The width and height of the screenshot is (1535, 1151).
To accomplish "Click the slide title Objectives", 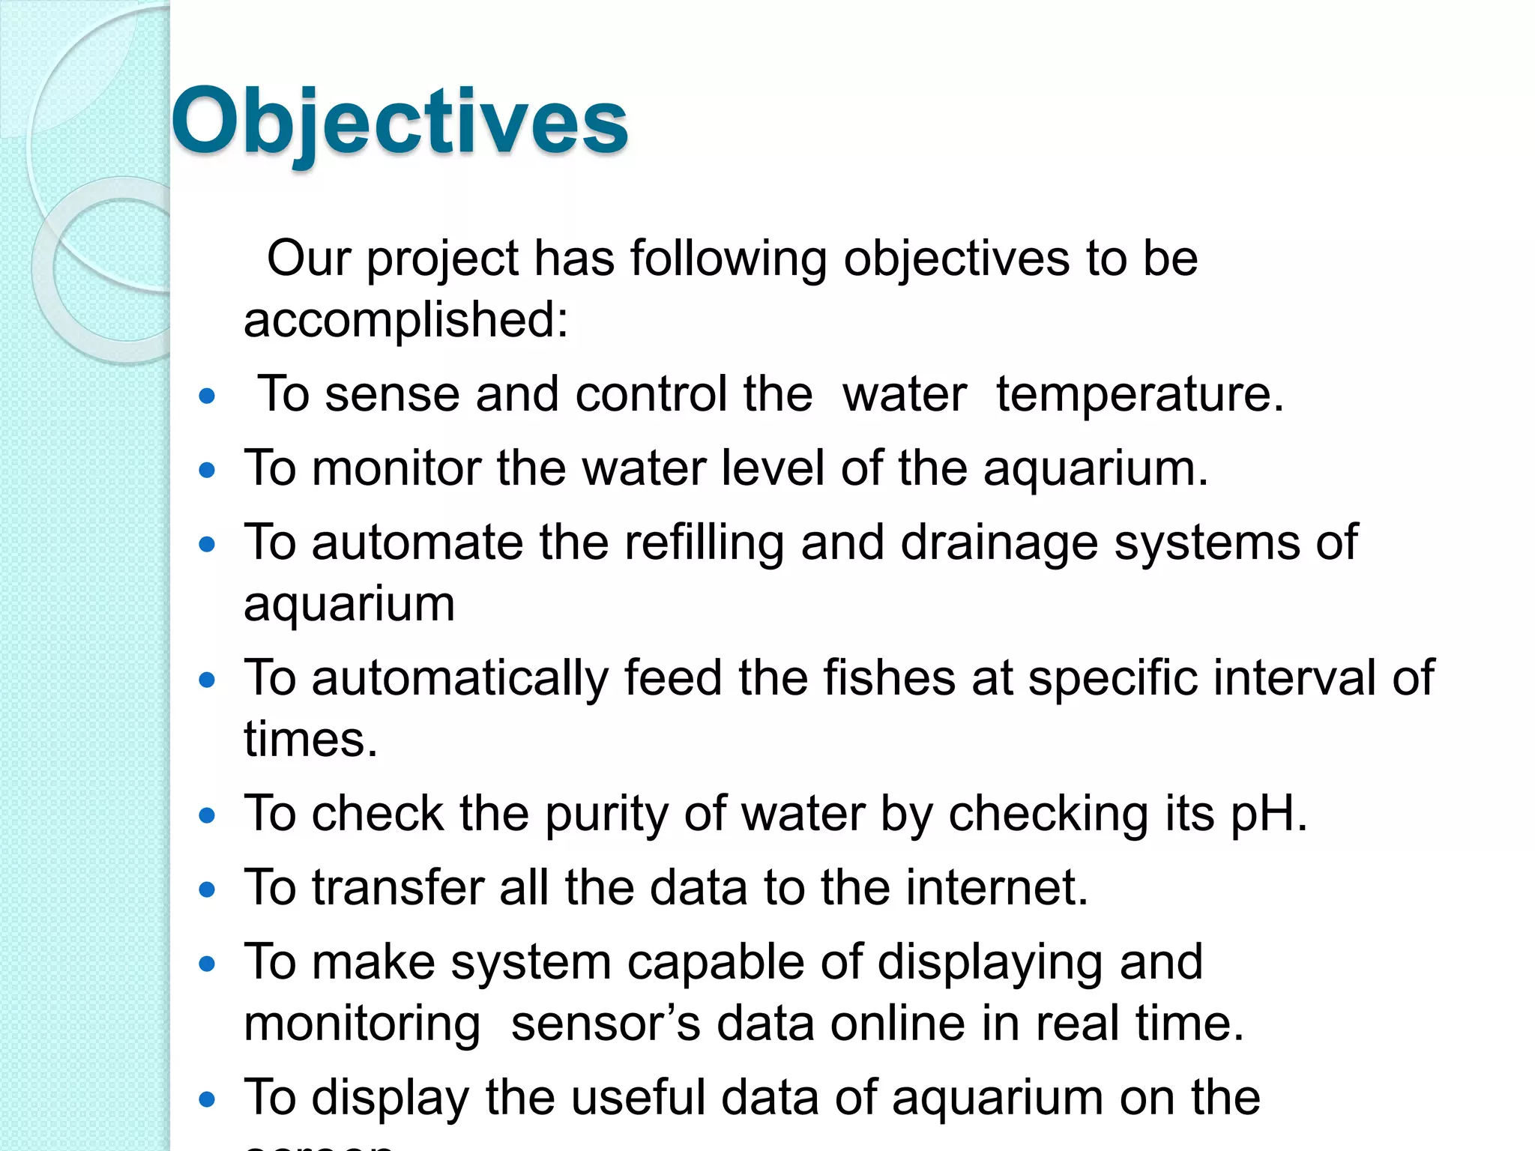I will click(399, 122).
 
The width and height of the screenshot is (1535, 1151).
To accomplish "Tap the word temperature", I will click(1139, 394).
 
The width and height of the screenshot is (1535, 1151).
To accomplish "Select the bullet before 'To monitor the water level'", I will click(208, 471).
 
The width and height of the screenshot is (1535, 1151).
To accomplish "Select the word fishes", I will click(889, 678).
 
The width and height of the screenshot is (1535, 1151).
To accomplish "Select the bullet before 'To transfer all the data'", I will click(208, 889).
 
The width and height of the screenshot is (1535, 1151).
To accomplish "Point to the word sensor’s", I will click(605, 1024).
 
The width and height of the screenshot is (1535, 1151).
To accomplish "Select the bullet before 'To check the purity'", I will click(208, 815).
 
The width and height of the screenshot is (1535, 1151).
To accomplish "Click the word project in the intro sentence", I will click(442, 259).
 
